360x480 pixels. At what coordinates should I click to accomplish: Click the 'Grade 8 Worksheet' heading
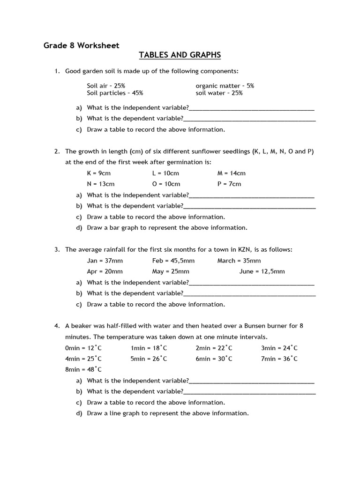click(82, 45)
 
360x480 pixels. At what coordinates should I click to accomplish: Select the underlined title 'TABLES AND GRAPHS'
click(180, 55)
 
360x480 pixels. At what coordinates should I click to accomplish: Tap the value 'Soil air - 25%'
click(106, 86)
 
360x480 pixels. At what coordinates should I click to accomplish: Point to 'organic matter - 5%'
click(225, 86)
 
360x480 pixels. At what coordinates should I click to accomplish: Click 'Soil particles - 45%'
click(115, 93)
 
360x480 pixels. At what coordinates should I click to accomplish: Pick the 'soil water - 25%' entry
click(219, 93)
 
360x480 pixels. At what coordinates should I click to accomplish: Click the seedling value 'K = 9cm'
click(98, 173)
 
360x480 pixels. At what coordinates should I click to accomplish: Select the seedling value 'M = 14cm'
click(231, 173)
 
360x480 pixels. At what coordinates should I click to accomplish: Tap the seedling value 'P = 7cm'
click(229, 184)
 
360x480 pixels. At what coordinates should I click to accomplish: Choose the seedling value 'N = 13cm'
click(100, 184)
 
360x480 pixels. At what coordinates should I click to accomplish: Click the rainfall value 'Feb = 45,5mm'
click(173, 261)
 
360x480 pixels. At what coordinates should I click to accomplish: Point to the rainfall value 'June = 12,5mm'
click(262, 271)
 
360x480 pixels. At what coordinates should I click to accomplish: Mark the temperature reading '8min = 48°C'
click(83, 369)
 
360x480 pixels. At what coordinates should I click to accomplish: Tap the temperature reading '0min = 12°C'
click(83, 348)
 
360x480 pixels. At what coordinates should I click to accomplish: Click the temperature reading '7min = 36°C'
click(279, 359)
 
